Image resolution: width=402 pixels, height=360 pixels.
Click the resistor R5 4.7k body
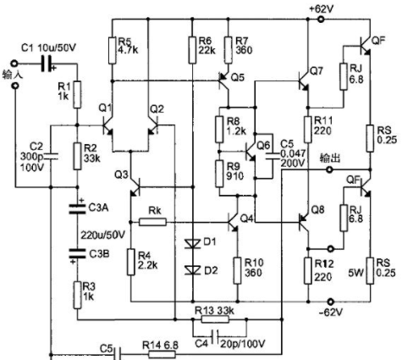[x=113, y=50]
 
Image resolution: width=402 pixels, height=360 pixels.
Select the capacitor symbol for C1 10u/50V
[x=47, y=63]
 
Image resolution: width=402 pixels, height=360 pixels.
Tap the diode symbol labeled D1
[x=193, y=243]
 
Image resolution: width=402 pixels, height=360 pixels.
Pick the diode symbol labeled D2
[x=193, y=270]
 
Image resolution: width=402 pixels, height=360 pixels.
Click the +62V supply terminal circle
[x=321, y=19]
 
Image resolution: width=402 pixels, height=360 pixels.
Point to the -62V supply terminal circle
[x=331, y=301]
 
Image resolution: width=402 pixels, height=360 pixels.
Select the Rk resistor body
[x=153, y=222]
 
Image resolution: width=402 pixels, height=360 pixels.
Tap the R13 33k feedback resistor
[x=215, y=319]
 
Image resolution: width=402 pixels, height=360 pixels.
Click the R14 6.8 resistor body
[x=162, y=354]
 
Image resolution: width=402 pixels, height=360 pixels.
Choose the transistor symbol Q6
[x=251, y=152]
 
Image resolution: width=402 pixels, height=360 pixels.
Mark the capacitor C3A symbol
[x=77, y=208]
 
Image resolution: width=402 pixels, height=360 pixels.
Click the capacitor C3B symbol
[x=77, y=253]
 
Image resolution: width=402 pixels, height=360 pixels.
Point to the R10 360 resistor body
[x=238, y=270]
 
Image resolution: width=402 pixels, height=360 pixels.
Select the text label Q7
[x=317, y=71]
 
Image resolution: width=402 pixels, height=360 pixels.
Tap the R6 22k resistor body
[x=193, y=50]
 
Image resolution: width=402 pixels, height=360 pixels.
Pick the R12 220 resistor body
[x=308, y=270]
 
